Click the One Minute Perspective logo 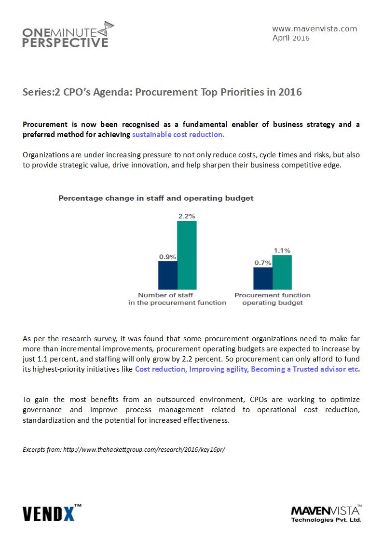coord(68,35)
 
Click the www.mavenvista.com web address coord(315,28)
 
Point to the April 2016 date coord(291,38)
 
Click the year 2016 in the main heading coord(290,92)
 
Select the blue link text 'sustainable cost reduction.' coord(178,135)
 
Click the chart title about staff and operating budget coord(156,198)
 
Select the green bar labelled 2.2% coord(187,255)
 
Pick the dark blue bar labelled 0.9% coord(168,275)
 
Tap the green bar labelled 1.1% coord(282,272)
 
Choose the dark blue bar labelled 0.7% coord(263,278)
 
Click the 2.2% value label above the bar coord(187,216)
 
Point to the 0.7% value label coord(263,263)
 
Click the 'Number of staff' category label coord(165,295)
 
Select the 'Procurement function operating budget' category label coord(273,299)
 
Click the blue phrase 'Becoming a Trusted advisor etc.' coord(305,369)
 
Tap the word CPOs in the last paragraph coord(259,400)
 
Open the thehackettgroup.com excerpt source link coord(144,449)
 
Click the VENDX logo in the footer coord(52,513)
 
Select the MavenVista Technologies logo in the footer coord(327,514)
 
